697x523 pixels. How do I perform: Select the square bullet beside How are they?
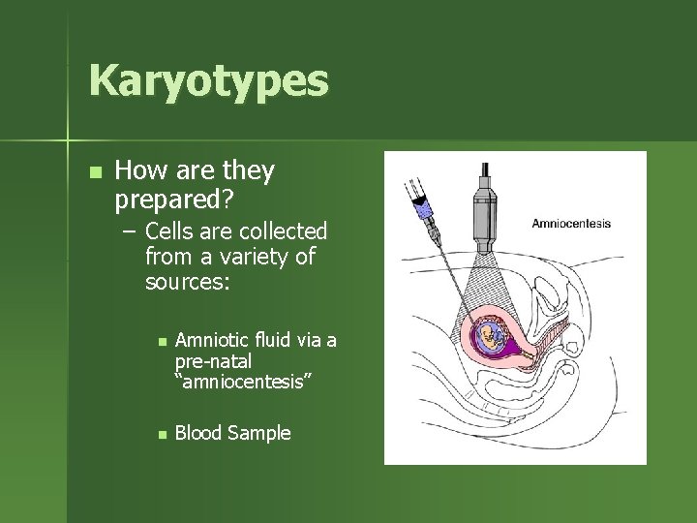(x=93, y=172)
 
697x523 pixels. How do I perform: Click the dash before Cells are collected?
(x=129, y=232)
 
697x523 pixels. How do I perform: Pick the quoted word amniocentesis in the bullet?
(x=242, y=379)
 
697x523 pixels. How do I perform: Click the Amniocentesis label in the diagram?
(x=571, y=224)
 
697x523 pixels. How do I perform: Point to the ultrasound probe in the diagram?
(x=481, y=209)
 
